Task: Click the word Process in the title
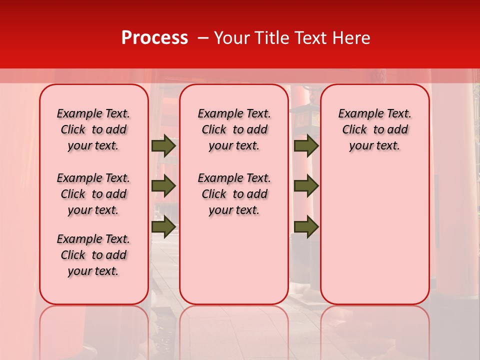[x=154, y=38]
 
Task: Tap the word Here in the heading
[x=351, y=38]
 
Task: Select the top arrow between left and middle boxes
[x=163, y=146]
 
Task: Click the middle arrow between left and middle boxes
[x=163, y=186]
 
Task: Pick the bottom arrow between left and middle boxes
[x=163, y=226]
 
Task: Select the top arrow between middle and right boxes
[x=306, y=146]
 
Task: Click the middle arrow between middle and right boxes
[x=306, y=186]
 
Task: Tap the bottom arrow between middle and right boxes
[x=306, y=226]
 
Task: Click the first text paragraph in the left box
[x=93, y=129]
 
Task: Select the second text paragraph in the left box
[x=93, y=194]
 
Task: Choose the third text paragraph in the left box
[x=93, y=255]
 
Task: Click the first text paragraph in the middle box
[x=234, y=129]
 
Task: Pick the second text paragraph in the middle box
[x=234, y=194]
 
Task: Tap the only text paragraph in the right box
[x=374, y=129]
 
